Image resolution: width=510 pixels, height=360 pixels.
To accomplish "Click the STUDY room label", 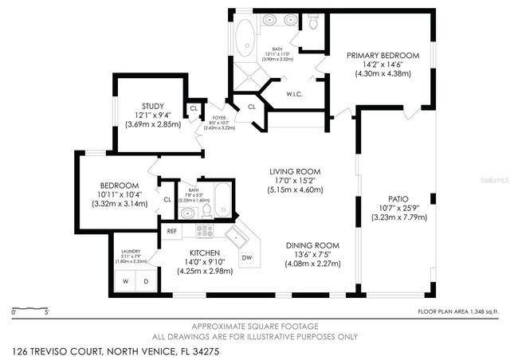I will [153, 107].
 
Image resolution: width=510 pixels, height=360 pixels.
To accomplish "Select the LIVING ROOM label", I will [294, 171].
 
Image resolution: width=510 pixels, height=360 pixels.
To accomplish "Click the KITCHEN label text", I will [205, 252].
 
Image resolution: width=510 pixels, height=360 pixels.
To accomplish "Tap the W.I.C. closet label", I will [296, 94].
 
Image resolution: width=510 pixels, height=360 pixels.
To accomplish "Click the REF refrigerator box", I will [171, 231].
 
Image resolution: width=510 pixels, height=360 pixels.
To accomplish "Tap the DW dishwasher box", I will [246, 257].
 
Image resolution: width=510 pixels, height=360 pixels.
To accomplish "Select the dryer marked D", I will [145, 281].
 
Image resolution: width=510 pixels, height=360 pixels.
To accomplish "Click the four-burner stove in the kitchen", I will [205, 231].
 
